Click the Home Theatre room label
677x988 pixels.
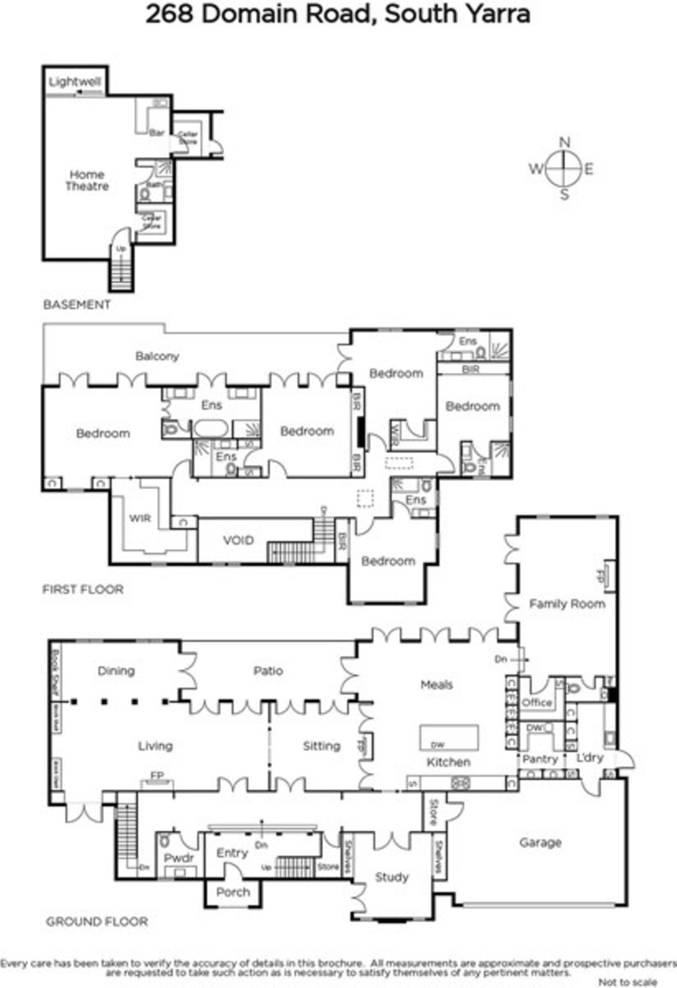click(87, 180)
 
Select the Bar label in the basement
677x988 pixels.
click(156, 133)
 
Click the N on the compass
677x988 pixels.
click(564, 142)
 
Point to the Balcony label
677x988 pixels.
click(157, 356)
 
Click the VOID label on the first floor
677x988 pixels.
click(239, 540)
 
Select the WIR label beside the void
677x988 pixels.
click(140, 517)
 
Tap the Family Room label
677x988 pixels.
click(567, 604)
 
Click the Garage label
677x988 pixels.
click(540, 843)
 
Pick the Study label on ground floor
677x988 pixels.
click(392, 877)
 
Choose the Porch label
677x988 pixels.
click(234, 892)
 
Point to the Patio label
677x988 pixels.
click(267, 671)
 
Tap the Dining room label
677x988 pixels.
click(116, 671)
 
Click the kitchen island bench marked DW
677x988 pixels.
click(449, 737)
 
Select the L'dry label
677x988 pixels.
click(589, 758)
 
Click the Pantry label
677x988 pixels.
click(539, 760)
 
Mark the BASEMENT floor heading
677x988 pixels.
click(76, 305)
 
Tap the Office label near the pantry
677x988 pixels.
click(537, 702)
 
